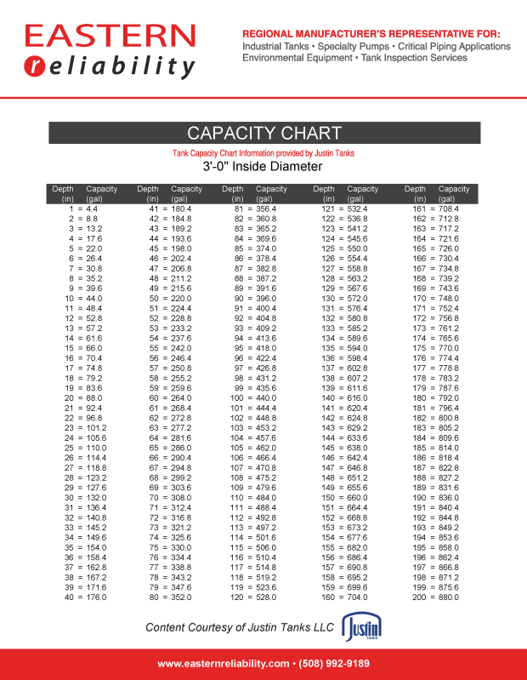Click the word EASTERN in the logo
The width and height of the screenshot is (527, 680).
pyautogui.click(x=110, y=36)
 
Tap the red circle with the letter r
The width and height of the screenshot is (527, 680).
pyautogui.click(x=35, y=66)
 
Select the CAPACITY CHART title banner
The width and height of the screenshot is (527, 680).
pyautogui.click(x=263, y=133)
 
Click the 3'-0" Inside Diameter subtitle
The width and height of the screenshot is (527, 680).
pyautogui.click(x=263, y=167)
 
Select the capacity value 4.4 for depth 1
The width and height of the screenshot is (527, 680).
pyautogui.click(x=92, y=209)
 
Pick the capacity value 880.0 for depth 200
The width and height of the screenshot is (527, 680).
pyautogui.click(x=447, y=597)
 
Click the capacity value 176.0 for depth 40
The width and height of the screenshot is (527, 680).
pyautogui.click(x=95, y=597)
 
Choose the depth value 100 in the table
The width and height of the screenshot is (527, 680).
pyautogui.click(x=236, y=397)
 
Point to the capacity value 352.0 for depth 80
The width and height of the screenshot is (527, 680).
pyautogui.click(x=181, y=597)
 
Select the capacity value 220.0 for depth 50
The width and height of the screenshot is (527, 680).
pyautogui.click(x=181, y=299)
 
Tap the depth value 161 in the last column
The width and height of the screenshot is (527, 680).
pyautogui.click(x=418, y=209)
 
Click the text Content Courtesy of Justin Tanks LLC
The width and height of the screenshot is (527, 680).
pyautogui.click(x=241, y=628)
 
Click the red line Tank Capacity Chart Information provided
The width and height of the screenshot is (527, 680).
pyautogui.click(x=263, y=153)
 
